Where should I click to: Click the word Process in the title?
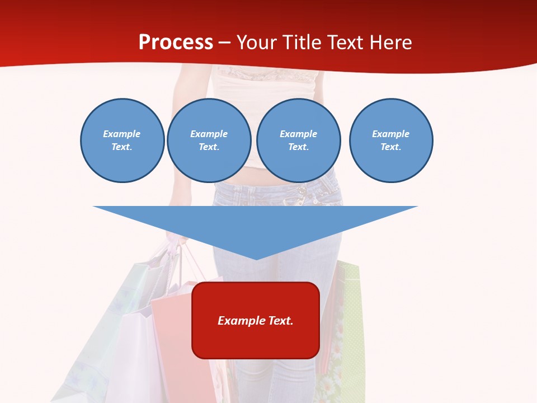[x=176, y=43]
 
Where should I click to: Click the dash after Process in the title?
[x=225, y=43]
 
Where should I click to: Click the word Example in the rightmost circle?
[x=390, y=134]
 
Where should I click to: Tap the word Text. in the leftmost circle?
[x=122, y=147]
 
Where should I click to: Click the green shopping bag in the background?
[x=351, y=325]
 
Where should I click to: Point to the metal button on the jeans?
[x=302, y=192]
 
